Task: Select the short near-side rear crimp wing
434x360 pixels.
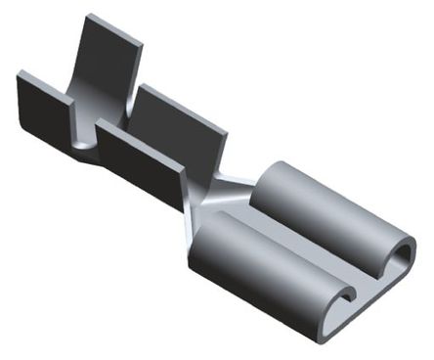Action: pyautogui.click(x=44, y=109)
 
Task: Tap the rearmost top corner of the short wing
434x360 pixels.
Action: pyautogui.click(x=20, y=73)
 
